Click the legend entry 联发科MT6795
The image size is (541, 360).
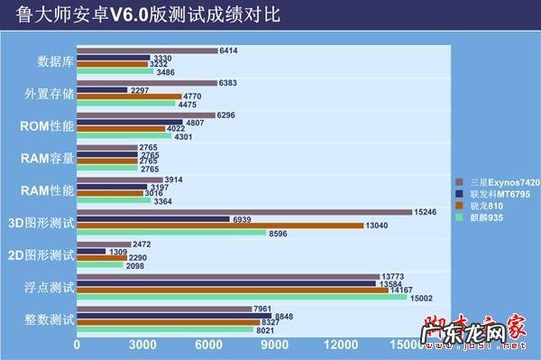[x=491, y=193]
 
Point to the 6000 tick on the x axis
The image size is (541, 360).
[x=208, y=346]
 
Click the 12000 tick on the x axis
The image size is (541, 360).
[x=341, y=346]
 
